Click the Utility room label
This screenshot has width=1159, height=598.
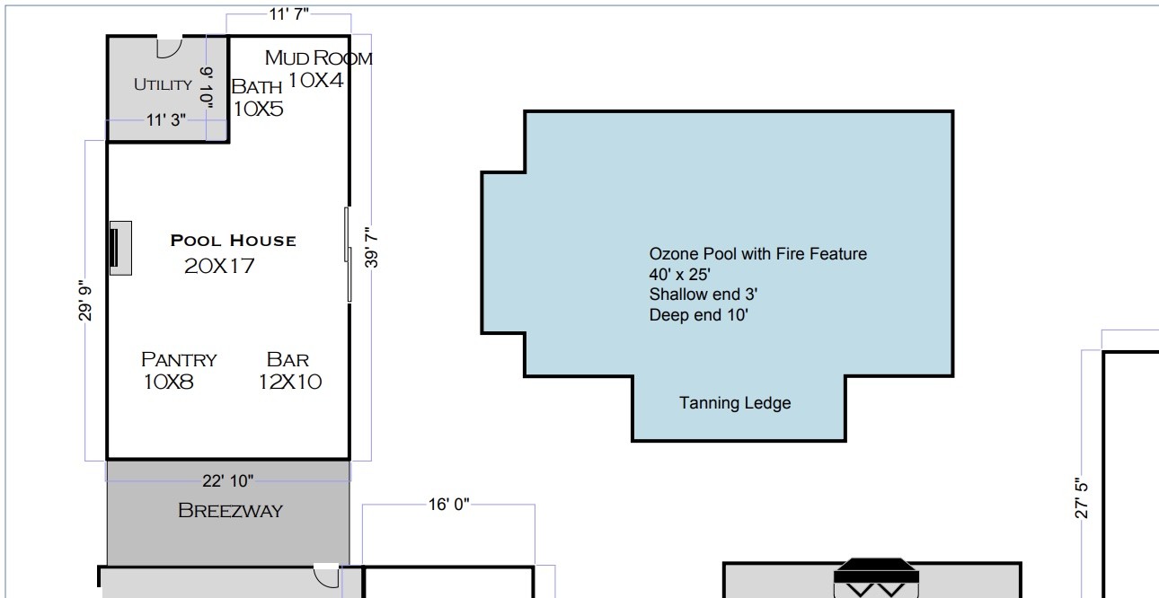[x=163, y=84]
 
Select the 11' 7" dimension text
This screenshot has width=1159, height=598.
[x=288, y=14]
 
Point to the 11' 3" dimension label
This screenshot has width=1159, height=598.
[x=166, y=120]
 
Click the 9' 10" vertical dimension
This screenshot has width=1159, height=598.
[x=207, y=87]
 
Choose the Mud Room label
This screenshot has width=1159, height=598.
[x=319, y=57]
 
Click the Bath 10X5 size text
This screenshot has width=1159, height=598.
[x=258, y=110]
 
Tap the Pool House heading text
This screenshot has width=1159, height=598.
[x=234, y=241]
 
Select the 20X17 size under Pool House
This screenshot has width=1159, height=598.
[x=219, y=266]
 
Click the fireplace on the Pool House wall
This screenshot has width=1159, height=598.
[x=120, y=249]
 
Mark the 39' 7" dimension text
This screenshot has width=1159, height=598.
[x=371, y=247]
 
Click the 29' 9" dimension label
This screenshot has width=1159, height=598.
[x=84, y=301]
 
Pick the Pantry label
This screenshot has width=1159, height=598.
[x=179, y=359]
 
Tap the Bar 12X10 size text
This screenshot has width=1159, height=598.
[x=289, y=382]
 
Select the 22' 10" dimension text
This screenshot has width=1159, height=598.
[x=227, y=481]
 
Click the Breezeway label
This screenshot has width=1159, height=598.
[x=230, y=511]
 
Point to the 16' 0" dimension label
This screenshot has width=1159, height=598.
[x=448, y=505]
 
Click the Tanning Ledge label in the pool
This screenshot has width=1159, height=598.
[x=735, y=403]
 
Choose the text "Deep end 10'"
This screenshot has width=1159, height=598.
[x=698, y=315]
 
